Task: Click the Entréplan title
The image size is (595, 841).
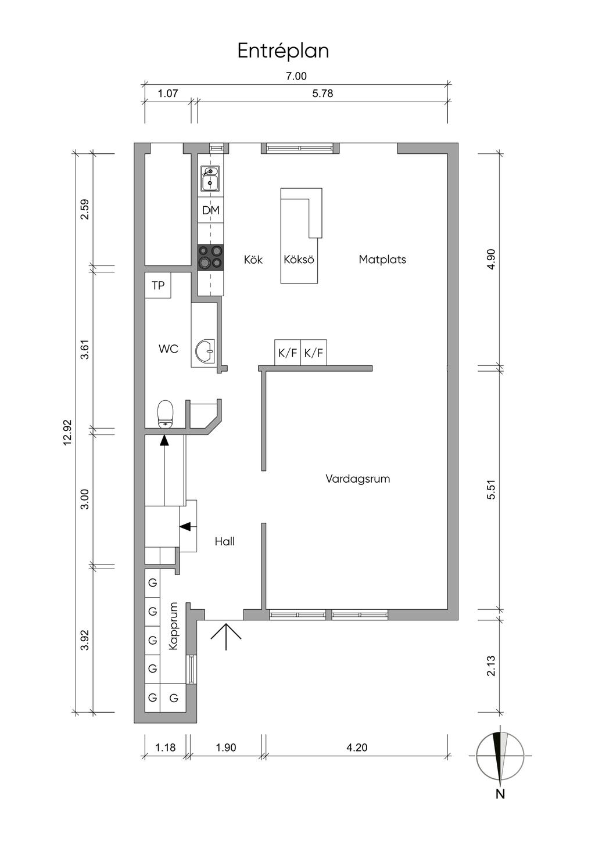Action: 283,51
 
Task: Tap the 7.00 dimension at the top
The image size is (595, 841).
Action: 296,76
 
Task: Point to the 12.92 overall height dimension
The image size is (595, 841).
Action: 67,432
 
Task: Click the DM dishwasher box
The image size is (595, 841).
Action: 211,210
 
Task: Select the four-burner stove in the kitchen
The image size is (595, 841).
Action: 211,257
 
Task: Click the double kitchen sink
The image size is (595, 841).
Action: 210,179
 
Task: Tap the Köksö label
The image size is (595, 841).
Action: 299,260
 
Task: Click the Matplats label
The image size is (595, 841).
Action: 382,260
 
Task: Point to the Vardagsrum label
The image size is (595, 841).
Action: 357,479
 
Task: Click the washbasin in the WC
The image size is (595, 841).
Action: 205,351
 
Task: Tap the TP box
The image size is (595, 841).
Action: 158,285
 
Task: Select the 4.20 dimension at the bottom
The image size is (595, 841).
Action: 356,747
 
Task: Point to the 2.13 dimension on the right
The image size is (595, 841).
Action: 491,666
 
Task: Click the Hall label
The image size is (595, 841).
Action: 225,541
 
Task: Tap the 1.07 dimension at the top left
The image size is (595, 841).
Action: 167,93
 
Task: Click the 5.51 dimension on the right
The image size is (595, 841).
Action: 491,489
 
